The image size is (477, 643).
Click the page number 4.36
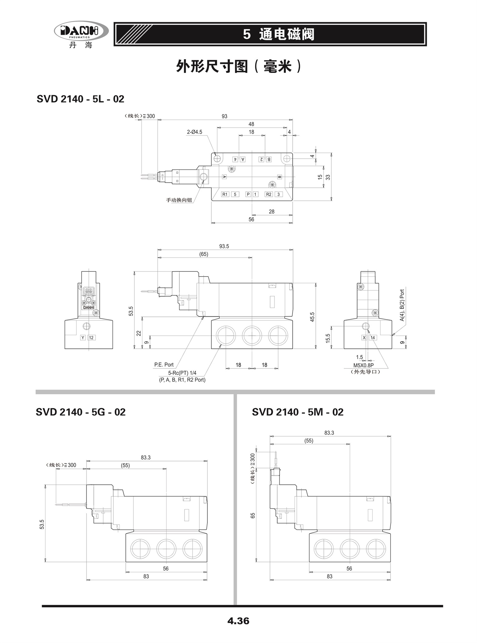point(238,621)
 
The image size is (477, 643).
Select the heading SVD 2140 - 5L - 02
point(80,99)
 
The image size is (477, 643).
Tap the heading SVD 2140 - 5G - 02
point(80,412)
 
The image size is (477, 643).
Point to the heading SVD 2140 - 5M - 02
point(298,412)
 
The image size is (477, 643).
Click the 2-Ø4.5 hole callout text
point(195,132)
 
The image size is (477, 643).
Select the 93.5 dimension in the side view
point(224,246)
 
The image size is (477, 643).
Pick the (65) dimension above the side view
point(204,254)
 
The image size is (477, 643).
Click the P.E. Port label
point(164,365)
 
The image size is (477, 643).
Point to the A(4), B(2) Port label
point(402,305)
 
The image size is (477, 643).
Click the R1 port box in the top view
point(225,194)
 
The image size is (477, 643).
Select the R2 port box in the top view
point(269,194)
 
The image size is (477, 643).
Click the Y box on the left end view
point(83,337)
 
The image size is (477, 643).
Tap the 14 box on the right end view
point(373,337)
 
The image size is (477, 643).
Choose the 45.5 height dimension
point(312,317)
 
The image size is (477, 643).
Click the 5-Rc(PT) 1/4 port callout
point(182,373)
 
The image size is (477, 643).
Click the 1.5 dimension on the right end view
point(359,357)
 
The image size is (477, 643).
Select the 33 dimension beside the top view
point(328,177)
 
